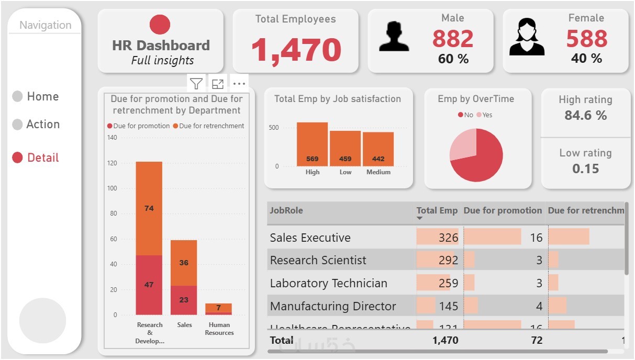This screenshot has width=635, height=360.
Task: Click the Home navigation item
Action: [42, 97]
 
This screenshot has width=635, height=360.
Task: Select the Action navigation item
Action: [42, 125]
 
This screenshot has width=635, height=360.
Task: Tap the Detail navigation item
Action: [42, 157]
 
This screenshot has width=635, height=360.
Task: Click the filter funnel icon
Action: [196, 84]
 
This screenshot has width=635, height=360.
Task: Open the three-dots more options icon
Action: [239, 84]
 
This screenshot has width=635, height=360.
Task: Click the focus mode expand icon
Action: [218, 84]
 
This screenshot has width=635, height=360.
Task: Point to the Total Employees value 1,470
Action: [296, 50]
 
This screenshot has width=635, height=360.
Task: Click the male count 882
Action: [453, 39]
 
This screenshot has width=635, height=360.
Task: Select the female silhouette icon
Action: [527, 37]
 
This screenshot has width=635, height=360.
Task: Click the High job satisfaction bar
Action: [312, 144]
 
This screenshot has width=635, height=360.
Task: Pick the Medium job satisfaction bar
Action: [378, 149]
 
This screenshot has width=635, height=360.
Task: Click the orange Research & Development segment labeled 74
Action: [149, 208]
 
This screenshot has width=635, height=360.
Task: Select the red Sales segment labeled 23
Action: [184, 300]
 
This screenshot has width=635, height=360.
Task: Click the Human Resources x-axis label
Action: [219, 329]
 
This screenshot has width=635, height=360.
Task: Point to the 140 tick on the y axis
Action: [112, 138]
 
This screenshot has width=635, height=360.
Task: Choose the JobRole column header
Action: [286, 211]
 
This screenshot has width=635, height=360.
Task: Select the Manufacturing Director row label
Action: [333, 306]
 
